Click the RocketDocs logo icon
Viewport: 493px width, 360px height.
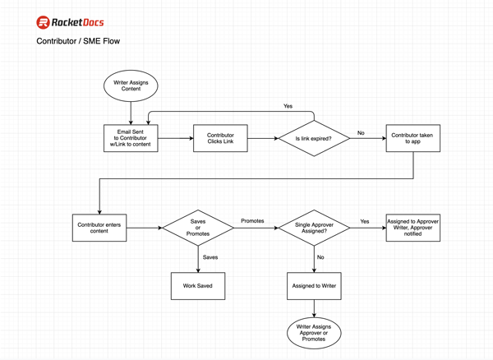coord(44,22)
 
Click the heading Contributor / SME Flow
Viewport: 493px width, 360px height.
coord(78,41)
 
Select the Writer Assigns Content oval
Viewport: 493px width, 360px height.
coord(131,85)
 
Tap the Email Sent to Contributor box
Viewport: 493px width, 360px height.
coord(131,138)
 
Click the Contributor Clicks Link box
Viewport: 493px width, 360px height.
coord(220,138)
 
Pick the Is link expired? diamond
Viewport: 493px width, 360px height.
coord(314,138)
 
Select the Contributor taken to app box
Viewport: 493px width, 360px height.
coord(412,138)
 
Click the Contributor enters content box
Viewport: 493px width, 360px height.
coord(99,227)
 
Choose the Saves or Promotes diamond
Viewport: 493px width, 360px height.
coord(198,228)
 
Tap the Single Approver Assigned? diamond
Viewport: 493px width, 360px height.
coord(314,228)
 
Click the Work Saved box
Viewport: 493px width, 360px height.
coord(198,285)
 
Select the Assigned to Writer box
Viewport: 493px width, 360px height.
coord(314,285)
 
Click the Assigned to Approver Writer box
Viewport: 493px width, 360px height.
coord(412,228)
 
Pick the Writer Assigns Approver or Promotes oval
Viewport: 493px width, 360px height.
coord(314,332)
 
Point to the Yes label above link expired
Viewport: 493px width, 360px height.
coord(288,106)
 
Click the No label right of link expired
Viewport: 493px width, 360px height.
coord(361,132)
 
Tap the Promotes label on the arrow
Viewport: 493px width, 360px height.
coord(252,221)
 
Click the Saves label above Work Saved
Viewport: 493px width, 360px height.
coord(210,257)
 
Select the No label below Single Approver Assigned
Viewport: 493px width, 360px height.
coord(321,257)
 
